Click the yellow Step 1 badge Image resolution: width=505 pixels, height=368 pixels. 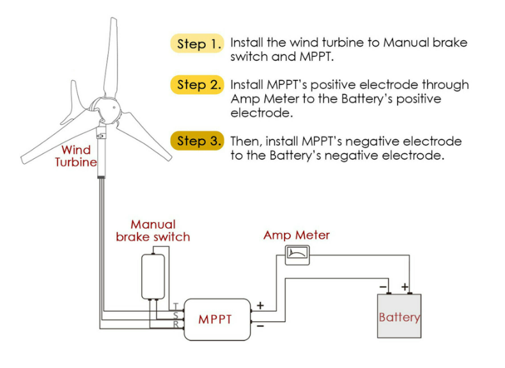tap(197, 44)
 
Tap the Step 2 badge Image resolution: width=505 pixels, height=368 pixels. tap(197, 84)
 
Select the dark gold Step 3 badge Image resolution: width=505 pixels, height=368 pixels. tap(197, 141)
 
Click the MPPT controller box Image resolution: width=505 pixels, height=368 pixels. tap(217, 319)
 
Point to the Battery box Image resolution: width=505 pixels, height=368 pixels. tap(399, 316)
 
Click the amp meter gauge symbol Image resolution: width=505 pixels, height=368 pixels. tap(297, 255)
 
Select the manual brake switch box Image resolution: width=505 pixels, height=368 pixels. tap(153, 276)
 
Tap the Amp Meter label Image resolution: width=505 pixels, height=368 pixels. tap(297, 235)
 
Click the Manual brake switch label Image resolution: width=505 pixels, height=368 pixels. tap(153, 230)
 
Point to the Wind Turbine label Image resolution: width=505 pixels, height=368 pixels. tap(76, 156)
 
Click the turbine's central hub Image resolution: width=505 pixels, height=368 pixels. tap(106, 109)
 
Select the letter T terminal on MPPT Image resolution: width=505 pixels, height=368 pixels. tap(176, 306)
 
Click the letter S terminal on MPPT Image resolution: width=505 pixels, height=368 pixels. tap(176, 315)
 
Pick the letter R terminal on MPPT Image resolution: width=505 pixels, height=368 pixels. tap(176, 324)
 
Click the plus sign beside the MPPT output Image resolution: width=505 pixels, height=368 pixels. tap(260, 305)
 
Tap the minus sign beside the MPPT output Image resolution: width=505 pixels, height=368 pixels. tap(260, 326)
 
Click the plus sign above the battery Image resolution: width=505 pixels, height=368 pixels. tap(405, 287)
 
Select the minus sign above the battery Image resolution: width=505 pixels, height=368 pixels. tap(383, 287)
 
